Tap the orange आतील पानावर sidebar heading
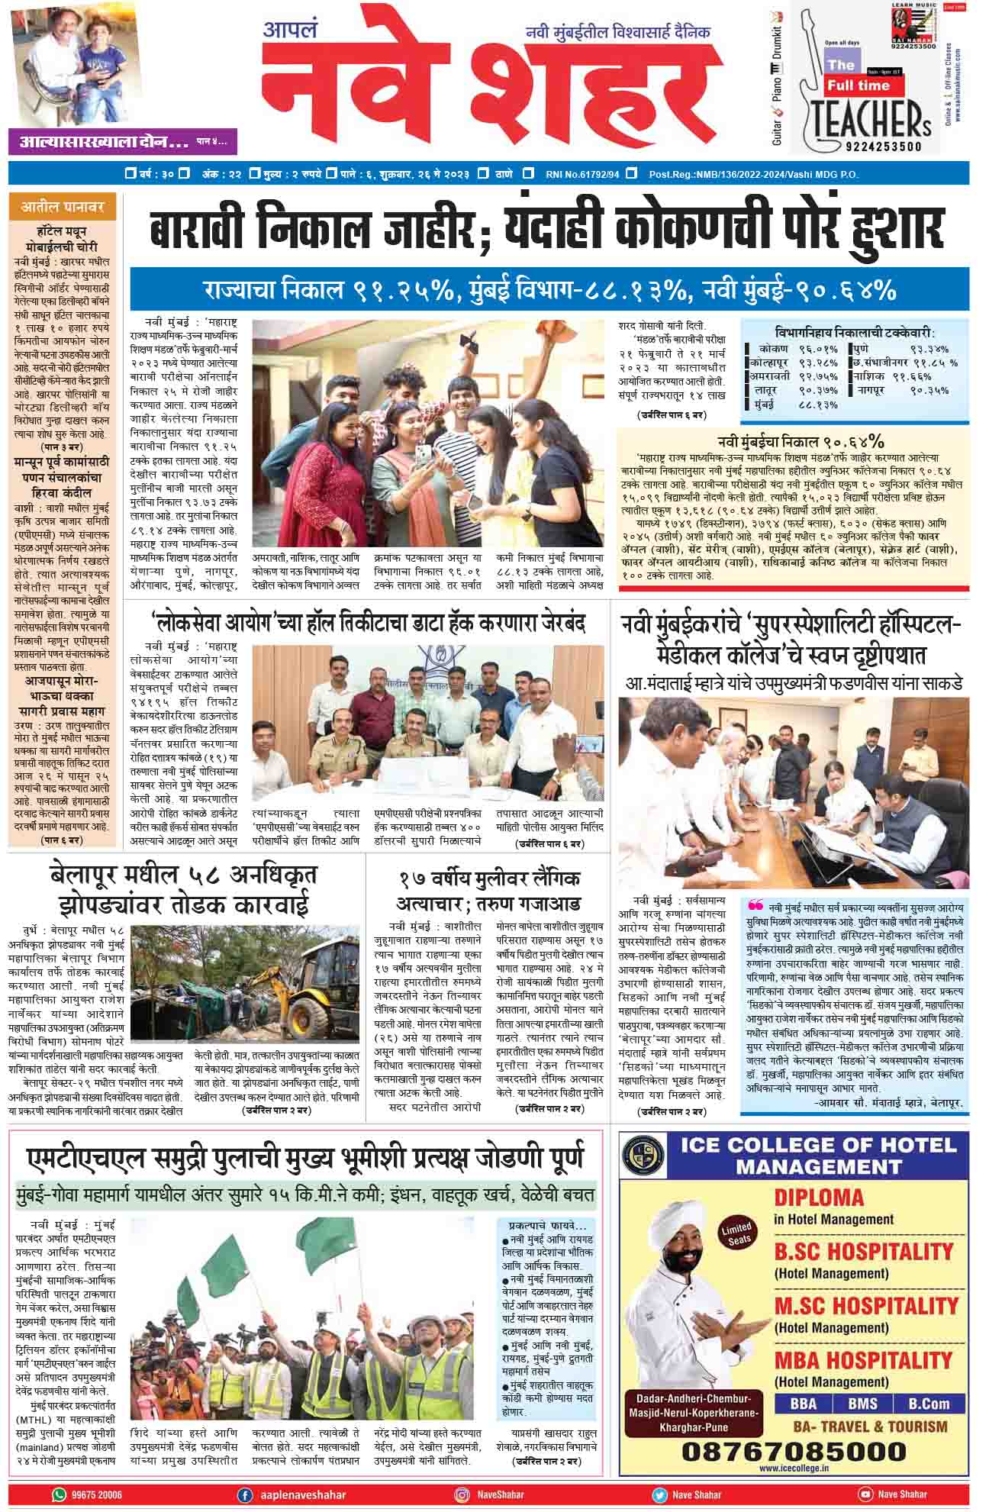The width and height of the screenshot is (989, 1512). (x=63, y=206)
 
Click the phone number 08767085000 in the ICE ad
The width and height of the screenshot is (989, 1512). (x=794, y=1449)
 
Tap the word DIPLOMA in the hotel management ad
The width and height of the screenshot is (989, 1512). (x=819, y=1196)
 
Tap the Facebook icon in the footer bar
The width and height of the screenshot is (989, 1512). (x=245, y=1494)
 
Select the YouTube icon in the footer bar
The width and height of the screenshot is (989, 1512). (x=865, y=1494)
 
